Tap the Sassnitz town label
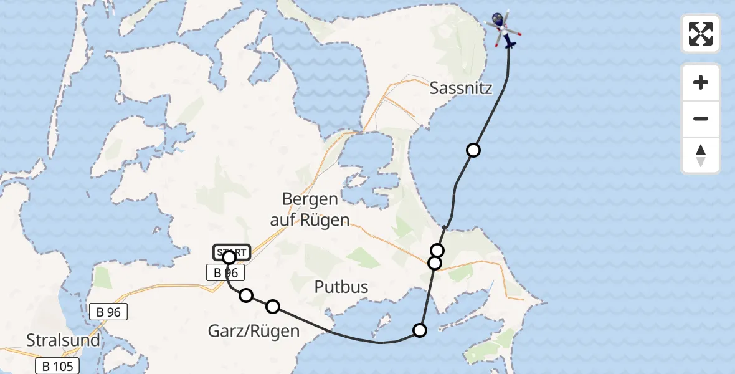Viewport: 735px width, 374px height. coord(461,88)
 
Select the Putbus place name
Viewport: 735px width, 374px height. coord(341,287)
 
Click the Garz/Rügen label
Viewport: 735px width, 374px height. coord(254,330)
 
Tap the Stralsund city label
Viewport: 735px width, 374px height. coord(63,340)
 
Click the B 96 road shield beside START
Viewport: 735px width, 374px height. coord(225,273)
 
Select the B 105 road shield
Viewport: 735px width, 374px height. coord(58,366)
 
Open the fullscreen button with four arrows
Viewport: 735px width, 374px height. coord(701,34)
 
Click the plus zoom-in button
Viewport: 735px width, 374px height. coord(701,82)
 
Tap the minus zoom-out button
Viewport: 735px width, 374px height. coord(701,118)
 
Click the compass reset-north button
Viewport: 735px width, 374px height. coord(701,155)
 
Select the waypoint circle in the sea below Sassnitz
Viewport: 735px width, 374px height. coord(473,150)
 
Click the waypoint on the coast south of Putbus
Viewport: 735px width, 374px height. coord(420,330)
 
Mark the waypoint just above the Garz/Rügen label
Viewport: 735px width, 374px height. coord(273,306)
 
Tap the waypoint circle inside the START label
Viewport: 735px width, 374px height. coord(229,257)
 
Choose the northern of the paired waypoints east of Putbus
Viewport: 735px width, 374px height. coord(437,250)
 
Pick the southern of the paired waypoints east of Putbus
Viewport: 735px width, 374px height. coord(435,263)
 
